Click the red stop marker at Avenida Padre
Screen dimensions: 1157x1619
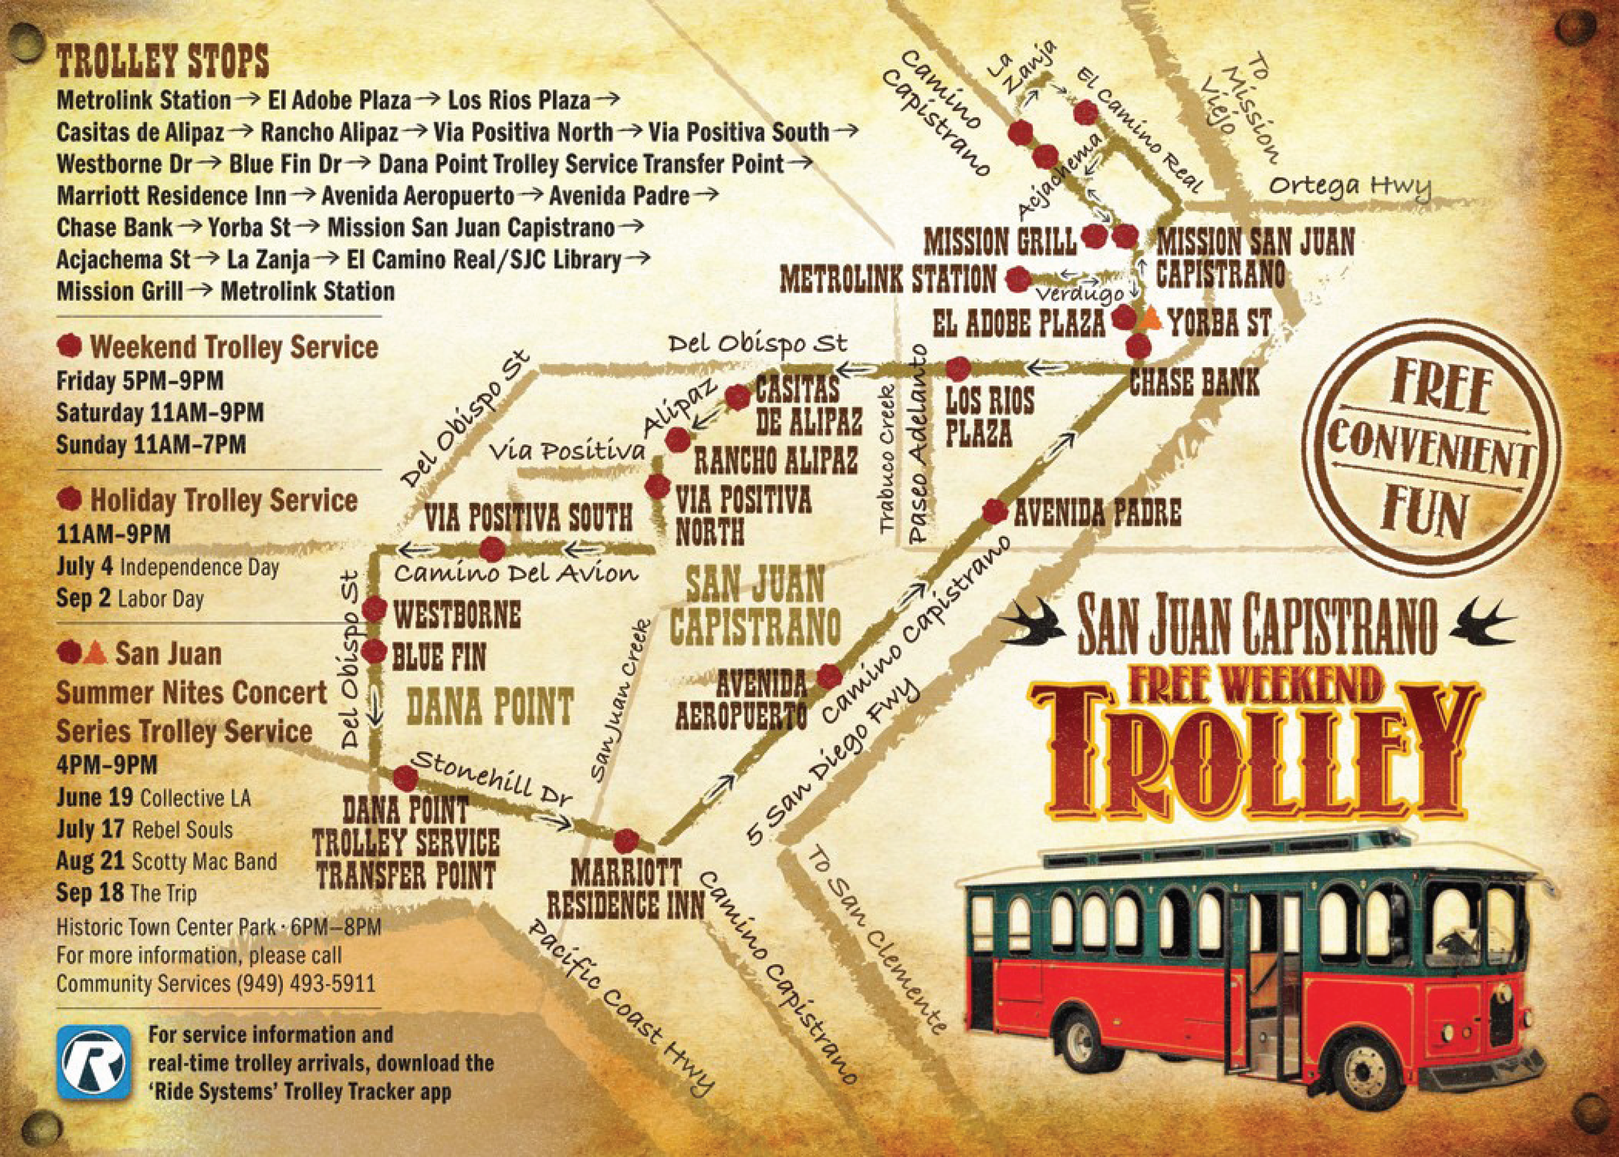995,511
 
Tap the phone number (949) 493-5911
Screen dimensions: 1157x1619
303,984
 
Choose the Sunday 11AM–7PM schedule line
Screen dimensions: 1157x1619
151,444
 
